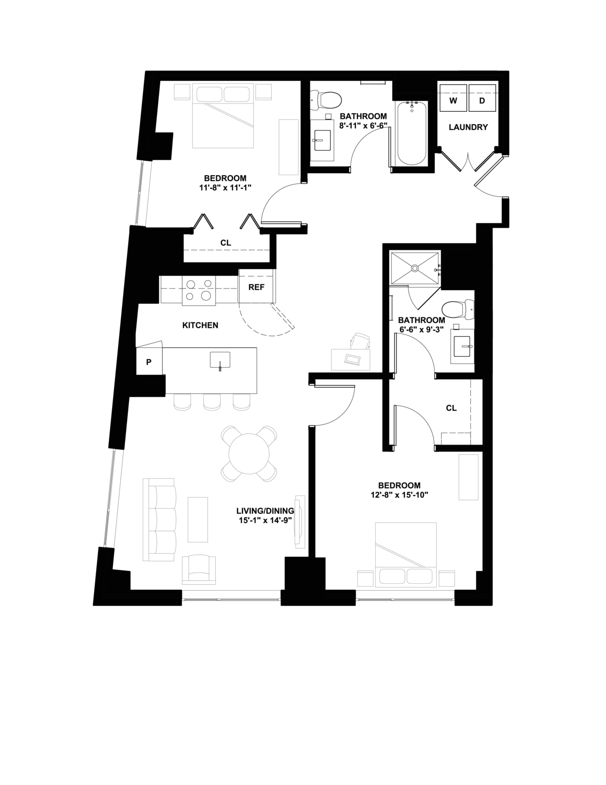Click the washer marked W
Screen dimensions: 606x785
click(x=453, y=98)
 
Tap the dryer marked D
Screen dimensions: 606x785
click(x=482, y=98)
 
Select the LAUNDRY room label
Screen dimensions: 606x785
click(x=468, y=127)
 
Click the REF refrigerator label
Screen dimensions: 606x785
click(x=256, y=287)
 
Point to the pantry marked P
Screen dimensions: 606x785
click(x=149, y=362)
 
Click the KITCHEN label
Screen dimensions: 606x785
click(x=201, y=325)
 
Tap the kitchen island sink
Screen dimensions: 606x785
click(x=220, y=360)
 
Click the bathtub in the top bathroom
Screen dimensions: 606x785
click(x=412, y=133)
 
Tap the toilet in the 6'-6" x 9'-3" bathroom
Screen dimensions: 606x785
click(x=458, y=309)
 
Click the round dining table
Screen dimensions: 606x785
click(x=249, y=454)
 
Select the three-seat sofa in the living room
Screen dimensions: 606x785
click(x=159, y=520)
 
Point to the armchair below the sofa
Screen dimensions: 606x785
click(x=199, y=570)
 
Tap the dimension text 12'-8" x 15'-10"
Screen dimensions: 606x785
click(x=399, y=495)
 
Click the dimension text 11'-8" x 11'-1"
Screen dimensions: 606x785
click(x=225, y=187)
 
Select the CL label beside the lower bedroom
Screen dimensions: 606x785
click(x=451, y=408)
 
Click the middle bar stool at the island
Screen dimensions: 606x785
click(x=212, y=402)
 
